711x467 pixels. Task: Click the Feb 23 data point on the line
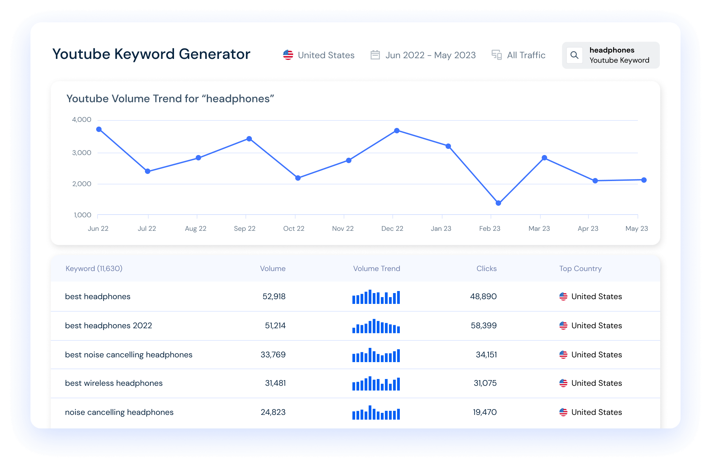coord(498,203)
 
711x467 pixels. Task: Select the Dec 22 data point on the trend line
coord(397,131)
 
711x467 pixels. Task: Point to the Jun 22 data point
coord(99,129)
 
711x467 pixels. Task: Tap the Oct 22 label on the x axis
coord(294,228)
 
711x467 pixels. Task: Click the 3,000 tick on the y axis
coord(82,153)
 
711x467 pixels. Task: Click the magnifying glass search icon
coord(574,55)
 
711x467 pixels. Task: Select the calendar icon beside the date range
coord(375,55)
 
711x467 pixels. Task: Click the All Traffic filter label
coord(526,55)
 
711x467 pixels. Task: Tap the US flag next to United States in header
coord(288,55)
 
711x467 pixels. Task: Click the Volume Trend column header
coord(376,268)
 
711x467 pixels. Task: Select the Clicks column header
coord(487,268)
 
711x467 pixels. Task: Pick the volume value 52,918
coord(274,296)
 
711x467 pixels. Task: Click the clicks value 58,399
coord(483,326)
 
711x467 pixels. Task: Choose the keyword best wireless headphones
coord(114,383)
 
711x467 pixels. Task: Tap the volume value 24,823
coord(273,412)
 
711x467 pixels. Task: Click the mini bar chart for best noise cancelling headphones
coord(376,355)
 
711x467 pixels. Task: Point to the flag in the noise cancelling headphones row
coord(563,412)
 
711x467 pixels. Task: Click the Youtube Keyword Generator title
coord(151,54)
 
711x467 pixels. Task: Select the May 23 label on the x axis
coord(637,228)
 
